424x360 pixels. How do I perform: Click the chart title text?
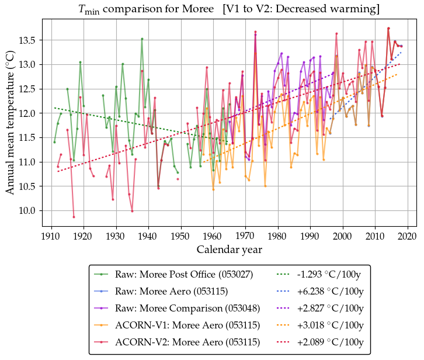tap(229, 9)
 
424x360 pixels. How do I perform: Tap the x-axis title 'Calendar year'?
tap(230, 250)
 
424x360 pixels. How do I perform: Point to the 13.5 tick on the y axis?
tap(32, 40)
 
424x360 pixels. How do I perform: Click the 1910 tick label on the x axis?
tap(51, 236)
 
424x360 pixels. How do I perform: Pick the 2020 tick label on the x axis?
tap(407, 236)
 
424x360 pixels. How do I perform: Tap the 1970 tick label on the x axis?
tap(245, 236)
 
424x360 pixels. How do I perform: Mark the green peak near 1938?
tap(142, 39)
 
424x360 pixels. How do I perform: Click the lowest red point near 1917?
tap(74, 217)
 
